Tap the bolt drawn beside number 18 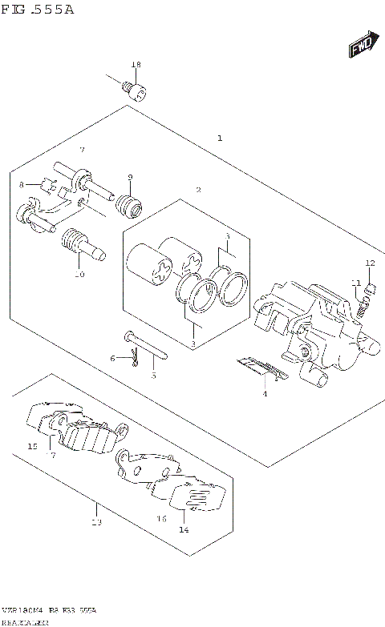[x=134, y=90]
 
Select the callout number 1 [x=219, y=138]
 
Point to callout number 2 [x=198, y=190]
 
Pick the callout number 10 [x=79, y=275]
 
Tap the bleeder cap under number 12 [x=371, y=285]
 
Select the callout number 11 [x=354, y=282]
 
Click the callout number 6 [x=113, y=358]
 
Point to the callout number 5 [x=153, y=375]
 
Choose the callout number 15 [x=32, y=446]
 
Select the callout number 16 [x=161, y=518]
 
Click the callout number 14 [x=184, y=529]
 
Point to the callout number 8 [x=22, y=185]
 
